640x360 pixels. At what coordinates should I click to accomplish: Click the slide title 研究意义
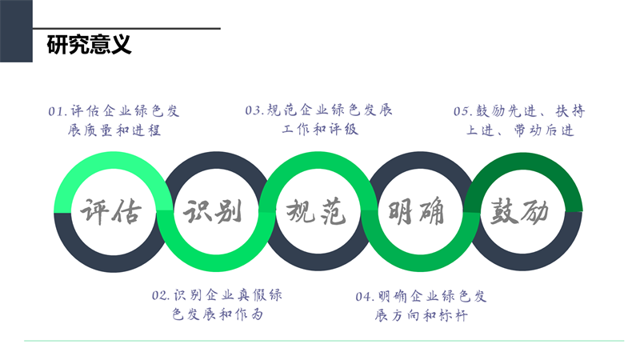88,45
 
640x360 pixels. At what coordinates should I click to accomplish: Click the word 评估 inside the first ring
111,212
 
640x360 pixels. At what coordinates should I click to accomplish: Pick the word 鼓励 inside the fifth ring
518,212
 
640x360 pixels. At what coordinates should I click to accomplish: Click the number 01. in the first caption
58,111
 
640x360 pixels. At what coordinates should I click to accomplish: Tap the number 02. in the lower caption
161,296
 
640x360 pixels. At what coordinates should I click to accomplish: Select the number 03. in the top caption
254,110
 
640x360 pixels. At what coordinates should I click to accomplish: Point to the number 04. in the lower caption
365,297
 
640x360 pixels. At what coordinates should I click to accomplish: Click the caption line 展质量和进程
115,130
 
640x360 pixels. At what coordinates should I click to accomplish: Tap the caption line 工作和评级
319,130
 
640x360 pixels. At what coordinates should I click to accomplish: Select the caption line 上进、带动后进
520,130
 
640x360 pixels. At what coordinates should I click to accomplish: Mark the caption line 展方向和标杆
421,316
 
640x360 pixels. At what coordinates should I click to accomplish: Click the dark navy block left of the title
16,31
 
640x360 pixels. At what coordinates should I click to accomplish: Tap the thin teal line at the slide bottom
320,342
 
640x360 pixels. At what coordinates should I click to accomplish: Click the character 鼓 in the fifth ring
502,212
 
